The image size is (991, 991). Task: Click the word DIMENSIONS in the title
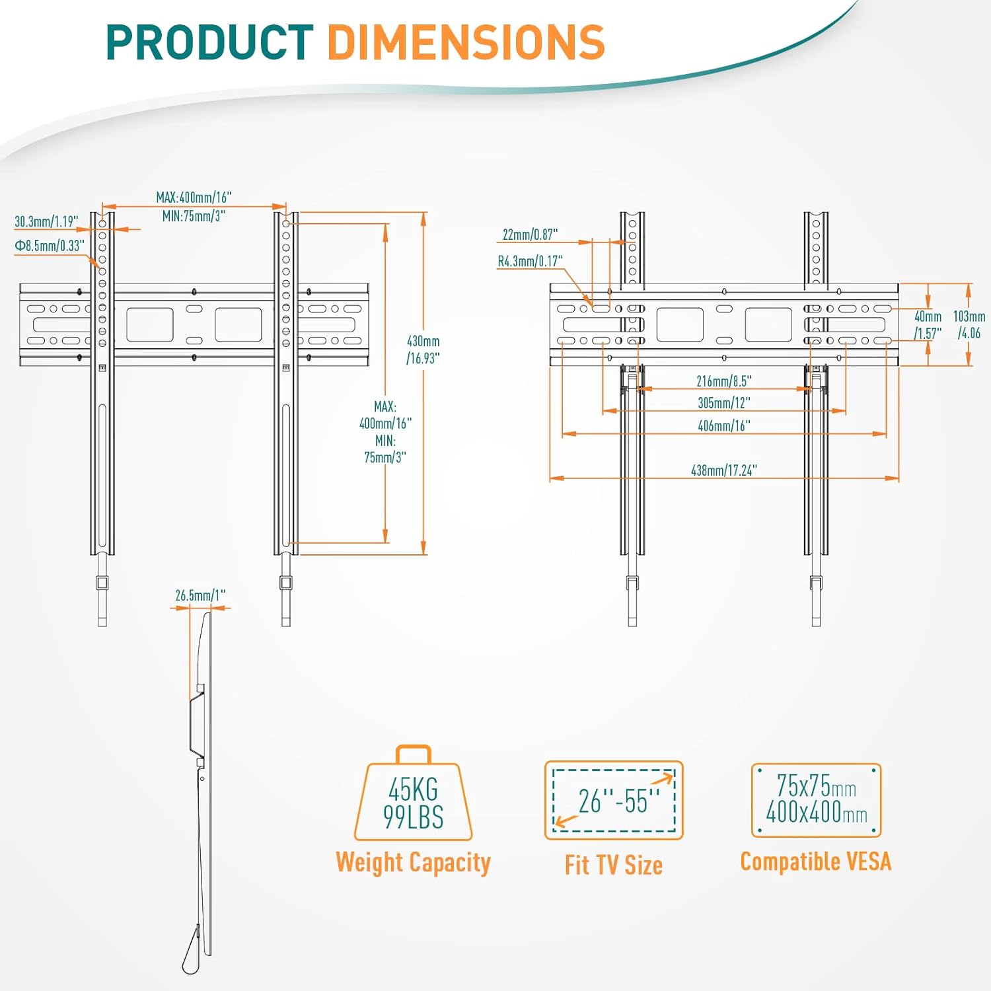pos(466,42)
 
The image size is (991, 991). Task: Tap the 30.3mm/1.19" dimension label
pos(46,221)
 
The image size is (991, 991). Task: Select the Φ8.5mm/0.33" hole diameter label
pos(50,246)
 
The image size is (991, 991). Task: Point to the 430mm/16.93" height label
pos(423,349)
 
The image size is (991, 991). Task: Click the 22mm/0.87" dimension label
pos(530,235)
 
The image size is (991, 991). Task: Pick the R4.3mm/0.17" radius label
pos(530,261)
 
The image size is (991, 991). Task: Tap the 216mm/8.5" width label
pos(723,381)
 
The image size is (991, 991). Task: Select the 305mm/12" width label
pos(723,403)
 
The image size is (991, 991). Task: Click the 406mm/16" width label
pos(723,426)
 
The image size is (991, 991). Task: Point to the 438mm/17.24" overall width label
pos(723,470)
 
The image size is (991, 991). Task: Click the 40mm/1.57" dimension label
pos(928,325)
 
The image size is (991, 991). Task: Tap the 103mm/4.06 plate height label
pos(969,325)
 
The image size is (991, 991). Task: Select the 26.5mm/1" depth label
pos(200,595)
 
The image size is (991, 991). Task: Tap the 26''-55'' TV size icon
pos(614,800)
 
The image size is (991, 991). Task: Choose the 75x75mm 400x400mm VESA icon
pos(816,799)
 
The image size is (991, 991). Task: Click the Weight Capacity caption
pos(413,863)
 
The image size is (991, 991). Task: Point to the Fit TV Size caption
pos(613,865)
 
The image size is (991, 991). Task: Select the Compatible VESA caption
pos(815,862)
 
